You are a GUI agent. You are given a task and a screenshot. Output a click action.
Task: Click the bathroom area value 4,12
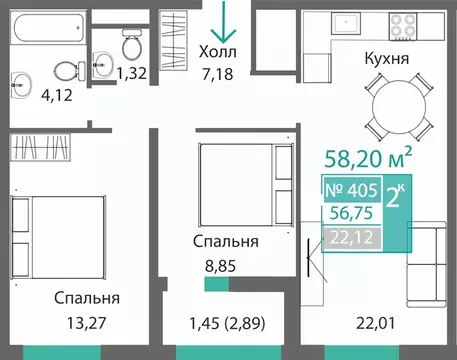click(28, 97)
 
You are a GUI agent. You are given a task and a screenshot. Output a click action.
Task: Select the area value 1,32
click(131, 72)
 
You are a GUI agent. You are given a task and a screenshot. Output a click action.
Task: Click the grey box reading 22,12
click(353, 235)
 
